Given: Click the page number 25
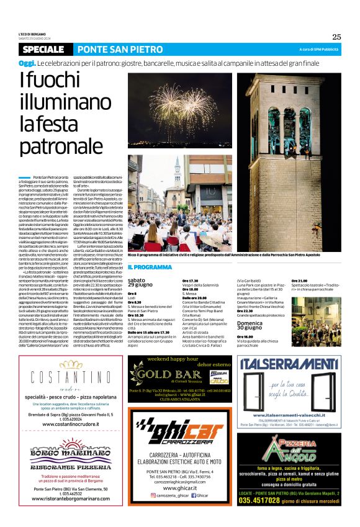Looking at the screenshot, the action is click(x=336, y=37).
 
